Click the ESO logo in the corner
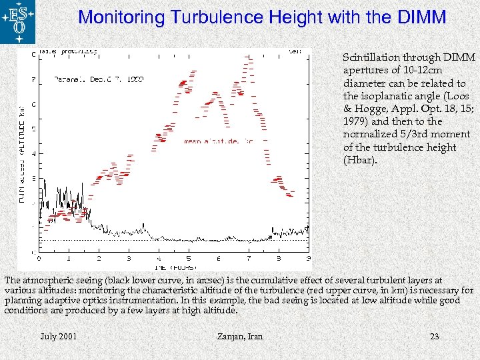click(x=18, y=21)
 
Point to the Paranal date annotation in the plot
click(x=99, y=79)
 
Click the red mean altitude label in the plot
click(x=218, y=141)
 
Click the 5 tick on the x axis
click(x=189, y=257)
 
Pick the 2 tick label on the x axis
click(x=99, y=257)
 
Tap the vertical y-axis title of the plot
click(x=23, y=153)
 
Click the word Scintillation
click(x=371, y=58)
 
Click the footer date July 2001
click(x=58, y=337)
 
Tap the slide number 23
click(x=434, y=337)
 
